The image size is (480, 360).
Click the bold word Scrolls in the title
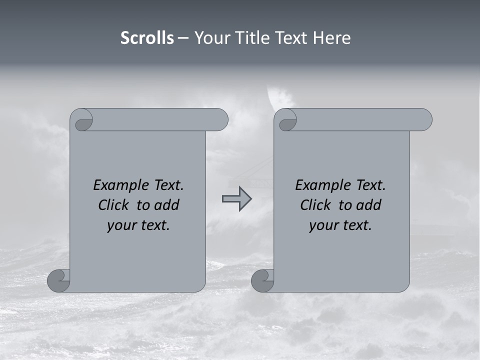click(x=147, y=38)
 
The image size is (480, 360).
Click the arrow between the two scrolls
click(x=236, y=199)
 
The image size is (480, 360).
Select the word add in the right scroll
click(x=369, y=205)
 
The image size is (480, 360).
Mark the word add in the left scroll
click(x=167, y=205)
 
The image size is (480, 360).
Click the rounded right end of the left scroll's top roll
click(x=220, y=120)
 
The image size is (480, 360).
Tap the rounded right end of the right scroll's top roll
click(x=424, y=120)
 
